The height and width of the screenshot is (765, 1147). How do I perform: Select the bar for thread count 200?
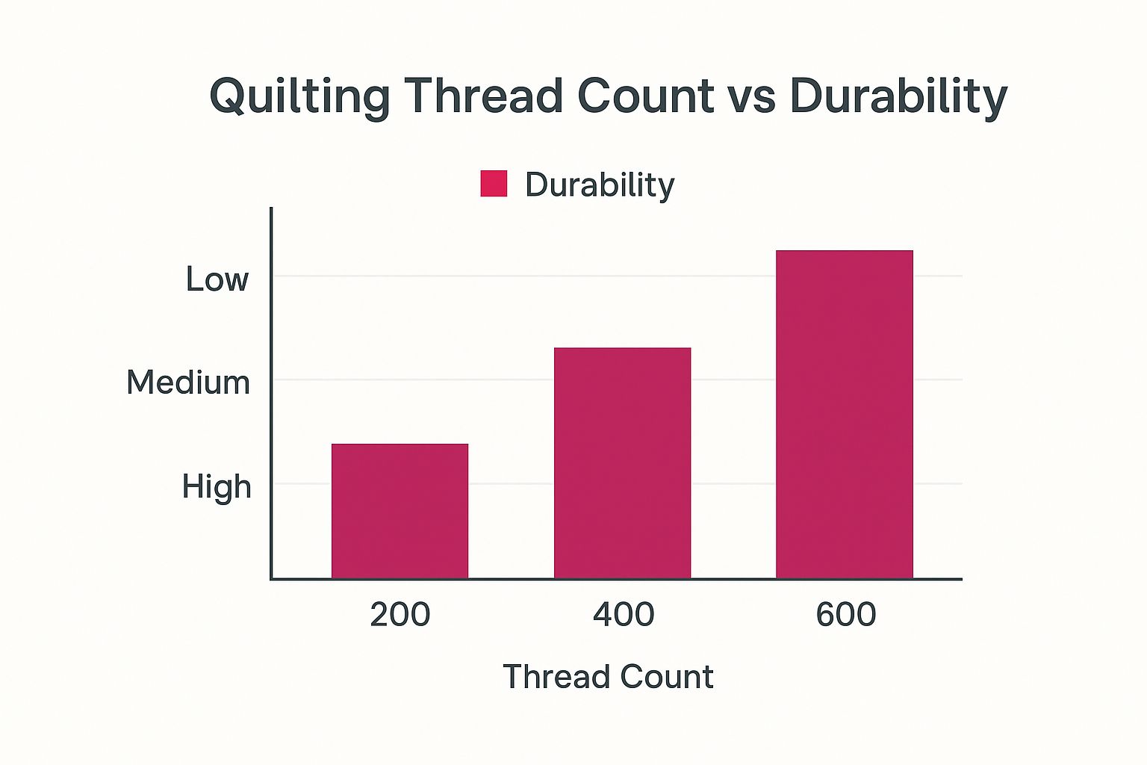tap(400, 511)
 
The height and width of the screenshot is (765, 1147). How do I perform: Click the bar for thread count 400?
tap(622, 463)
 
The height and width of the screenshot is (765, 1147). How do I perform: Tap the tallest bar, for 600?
tap(845, 414)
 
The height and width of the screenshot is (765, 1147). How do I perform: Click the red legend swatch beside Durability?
tap(494, 184)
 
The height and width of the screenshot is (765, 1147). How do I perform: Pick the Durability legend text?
tap(600, 185)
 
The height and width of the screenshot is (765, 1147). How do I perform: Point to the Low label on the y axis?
tap(217, 279)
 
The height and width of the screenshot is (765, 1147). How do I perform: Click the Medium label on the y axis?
tap(188, 382)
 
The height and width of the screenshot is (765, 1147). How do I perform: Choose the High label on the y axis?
tap(217, 486)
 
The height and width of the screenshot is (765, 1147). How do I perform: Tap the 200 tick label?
tap(400, 614)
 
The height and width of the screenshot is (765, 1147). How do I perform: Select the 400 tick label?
tap(624, 614)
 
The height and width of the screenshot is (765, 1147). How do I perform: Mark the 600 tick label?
tap(846, 614)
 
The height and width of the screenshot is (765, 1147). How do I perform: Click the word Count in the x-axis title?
tap(662, 677)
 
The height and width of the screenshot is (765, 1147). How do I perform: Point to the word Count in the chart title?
tap(645, 96)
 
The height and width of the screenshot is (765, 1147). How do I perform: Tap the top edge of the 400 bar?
tap(622, 349)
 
